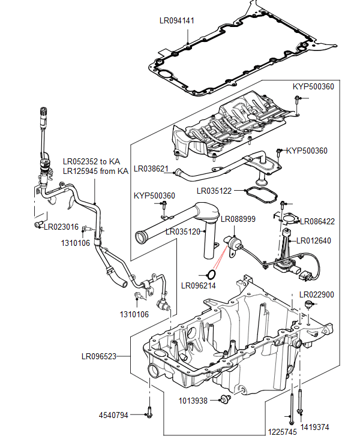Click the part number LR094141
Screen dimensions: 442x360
pyautogui.click(x=176, y=20)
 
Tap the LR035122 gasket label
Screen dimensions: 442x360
pyautogui.click(x=215, y=191)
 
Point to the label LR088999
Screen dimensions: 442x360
pyautogui.click(x=238, y=220)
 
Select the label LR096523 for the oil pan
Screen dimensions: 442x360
pyautogui.click(x=99, y=356)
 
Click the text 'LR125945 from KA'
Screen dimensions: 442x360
pyautogui.click(x=96, y=172)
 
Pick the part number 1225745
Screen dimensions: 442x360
pyautogui.click(x=282, y=431)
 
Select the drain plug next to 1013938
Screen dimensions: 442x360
pyautogui.click(x=226, y=399)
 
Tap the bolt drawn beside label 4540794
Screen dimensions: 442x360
pyautogui.click(x=148, y=414)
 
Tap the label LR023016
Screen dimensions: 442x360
pyautogui.click(x=61, y=227)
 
